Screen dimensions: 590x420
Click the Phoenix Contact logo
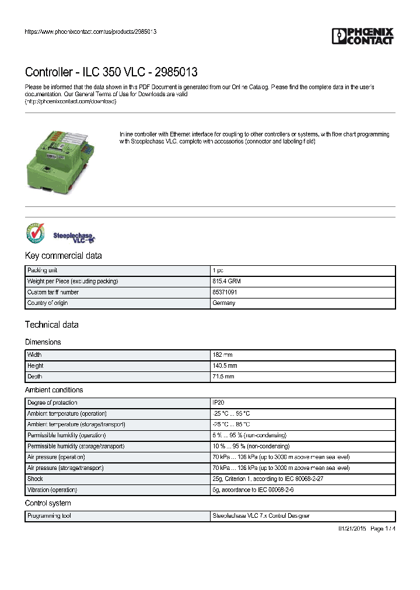(362, 36)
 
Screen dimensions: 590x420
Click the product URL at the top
(90, 31)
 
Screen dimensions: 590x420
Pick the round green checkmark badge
(35, 233)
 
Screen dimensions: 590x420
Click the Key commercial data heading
(63, 255)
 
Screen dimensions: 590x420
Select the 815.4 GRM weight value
(226, 282)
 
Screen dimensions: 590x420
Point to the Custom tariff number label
(53, 292)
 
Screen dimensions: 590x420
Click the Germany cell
(223, 303)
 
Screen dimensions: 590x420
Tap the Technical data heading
(51, 325)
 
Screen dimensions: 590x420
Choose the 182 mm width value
(223, 355)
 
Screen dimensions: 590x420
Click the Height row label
(36, 366)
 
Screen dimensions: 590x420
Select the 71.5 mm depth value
(224, 377)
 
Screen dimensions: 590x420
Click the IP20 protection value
(218, 403)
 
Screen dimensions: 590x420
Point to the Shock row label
(35, 479)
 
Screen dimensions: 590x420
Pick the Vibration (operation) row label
(52, 490)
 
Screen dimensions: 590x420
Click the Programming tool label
(50, 516)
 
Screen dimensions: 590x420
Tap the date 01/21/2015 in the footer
(352, 529)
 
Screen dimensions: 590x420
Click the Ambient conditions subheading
(54, 390)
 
